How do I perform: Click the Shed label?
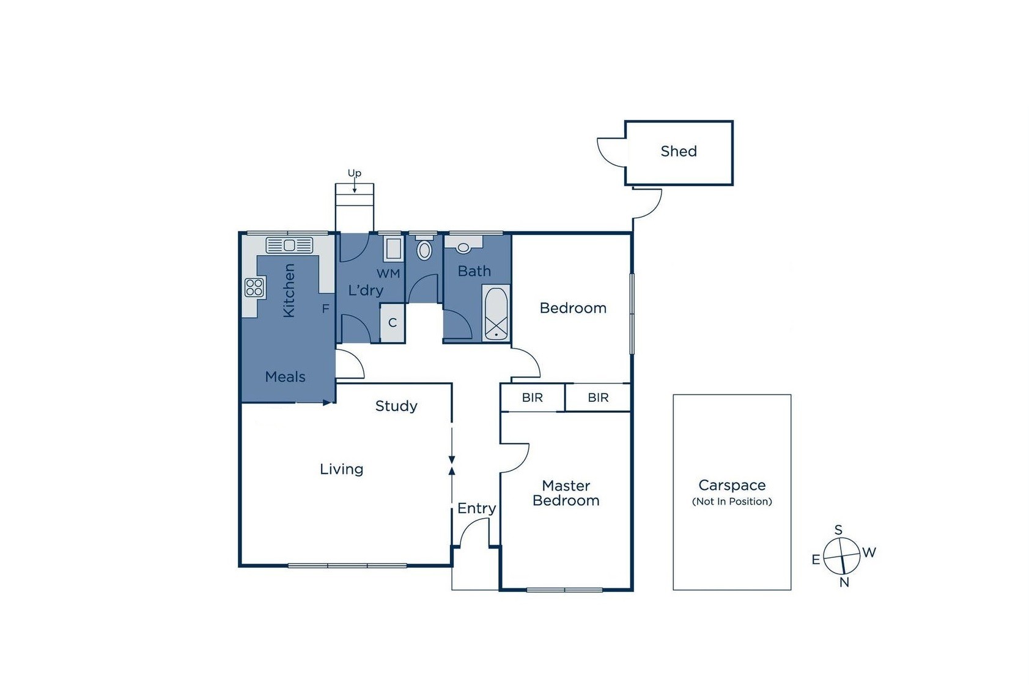[x=679, y=151]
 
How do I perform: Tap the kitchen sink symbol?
[x=289, y=245]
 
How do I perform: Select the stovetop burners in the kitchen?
[x=254, y=287]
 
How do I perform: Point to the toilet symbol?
[x=424, y=249]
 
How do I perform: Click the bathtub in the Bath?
[x=496, y=313]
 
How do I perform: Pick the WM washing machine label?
[x=388, y=273]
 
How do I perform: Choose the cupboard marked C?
[x=393, y=322]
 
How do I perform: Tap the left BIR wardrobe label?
[x=533, y=398]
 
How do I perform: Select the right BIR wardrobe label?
[x=598, y=398]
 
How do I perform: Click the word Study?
[x=396, y=406]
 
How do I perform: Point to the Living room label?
[x=341, y=469]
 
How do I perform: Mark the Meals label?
[x=285, y=377]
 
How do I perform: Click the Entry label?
[x=476, y=508]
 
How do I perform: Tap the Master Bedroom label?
[x=566, y=493]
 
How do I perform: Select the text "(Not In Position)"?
[x=732, y=502]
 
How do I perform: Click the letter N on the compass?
[x=844, y=583]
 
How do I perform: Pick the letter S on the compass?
[x=838, y=530]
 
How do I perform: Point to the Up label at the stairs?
[x=355, y=173]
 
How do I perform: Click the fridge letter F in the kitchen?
[x=325, y=309]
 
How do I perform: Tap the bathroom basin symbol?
[x=463, y=248]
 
